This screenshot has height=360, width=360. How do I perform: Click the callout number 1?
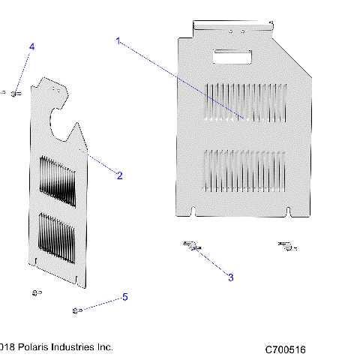coord(117,41)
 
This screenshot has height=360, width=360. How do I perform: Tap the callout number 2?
coord(119,175)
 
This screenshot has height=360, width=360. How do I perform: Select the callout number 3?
coord(230,277)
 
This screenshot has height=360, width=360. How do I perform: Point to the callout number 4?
coord(31,47)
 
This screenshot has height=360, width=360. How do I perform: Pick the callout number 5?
coord(124,297)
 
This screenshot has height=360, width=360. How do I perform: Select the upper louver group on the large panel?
coord(244,103)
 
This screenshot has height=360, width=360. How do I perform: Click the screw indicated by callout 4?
coord(14,93)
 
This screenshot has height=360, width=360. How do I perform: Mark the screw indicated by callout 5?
coord(76,310)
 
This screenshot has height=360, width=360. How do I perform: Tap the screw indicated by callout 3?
coord(190,245)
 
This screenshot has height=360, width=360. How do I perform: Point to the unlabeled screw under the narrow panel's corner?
coord(35,292)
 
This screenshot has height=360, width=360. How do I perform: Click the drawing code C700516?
coord(284,349)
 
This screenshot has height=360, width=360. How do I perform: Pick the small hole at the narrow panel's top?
coord(55,87)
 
